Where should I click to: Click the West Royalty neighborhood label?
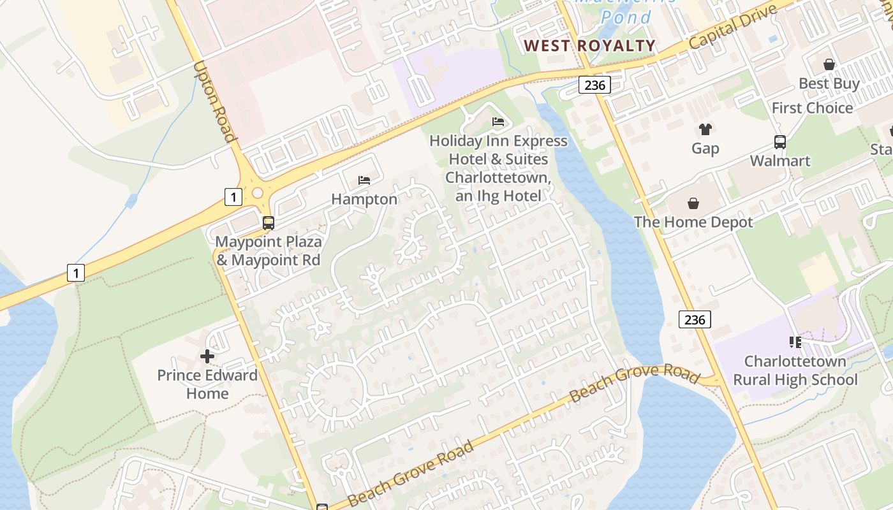click(x=589, y=45)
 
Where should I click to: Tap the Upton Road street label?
click(x=214, y=102)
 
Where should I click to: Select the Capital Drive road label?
click(x=733, y=29)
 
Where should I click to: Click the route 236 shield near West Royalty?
click(x=594, y=85)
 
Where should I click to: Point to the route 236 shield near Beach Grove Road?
click(x=694, y=319)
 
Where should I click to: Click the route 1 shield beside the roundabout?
click(x=233, y=197)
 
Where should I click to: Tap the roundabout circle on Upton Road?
click(x=258, y=193)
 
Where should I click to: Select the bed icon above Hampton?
click(x=364, y=180)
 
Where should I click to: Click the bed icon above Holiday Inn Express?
click(x=498, y=122)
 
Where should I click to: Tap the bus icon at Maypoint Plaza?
click(x=269, y=223)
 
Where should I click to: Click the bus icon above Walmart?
click(x=779, y=142)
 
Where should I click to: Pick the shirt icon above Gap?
click(x=705, y=129)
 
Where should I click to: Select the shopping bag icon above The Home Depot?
click(x=693, y=203)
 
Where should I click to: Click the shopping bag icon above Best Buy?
click(x=829, y=64)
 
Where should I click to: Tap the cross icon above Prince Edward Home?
click(x=207, y=356)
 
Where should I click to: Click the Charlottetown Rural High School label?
click(x=795, y=370)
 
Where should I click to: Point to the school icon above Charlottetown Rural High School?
click(x=795, y=342)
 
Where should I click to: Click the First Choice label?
click(x=812, y=108)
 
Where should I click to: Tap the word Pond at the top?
click(x=626, y=17)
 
